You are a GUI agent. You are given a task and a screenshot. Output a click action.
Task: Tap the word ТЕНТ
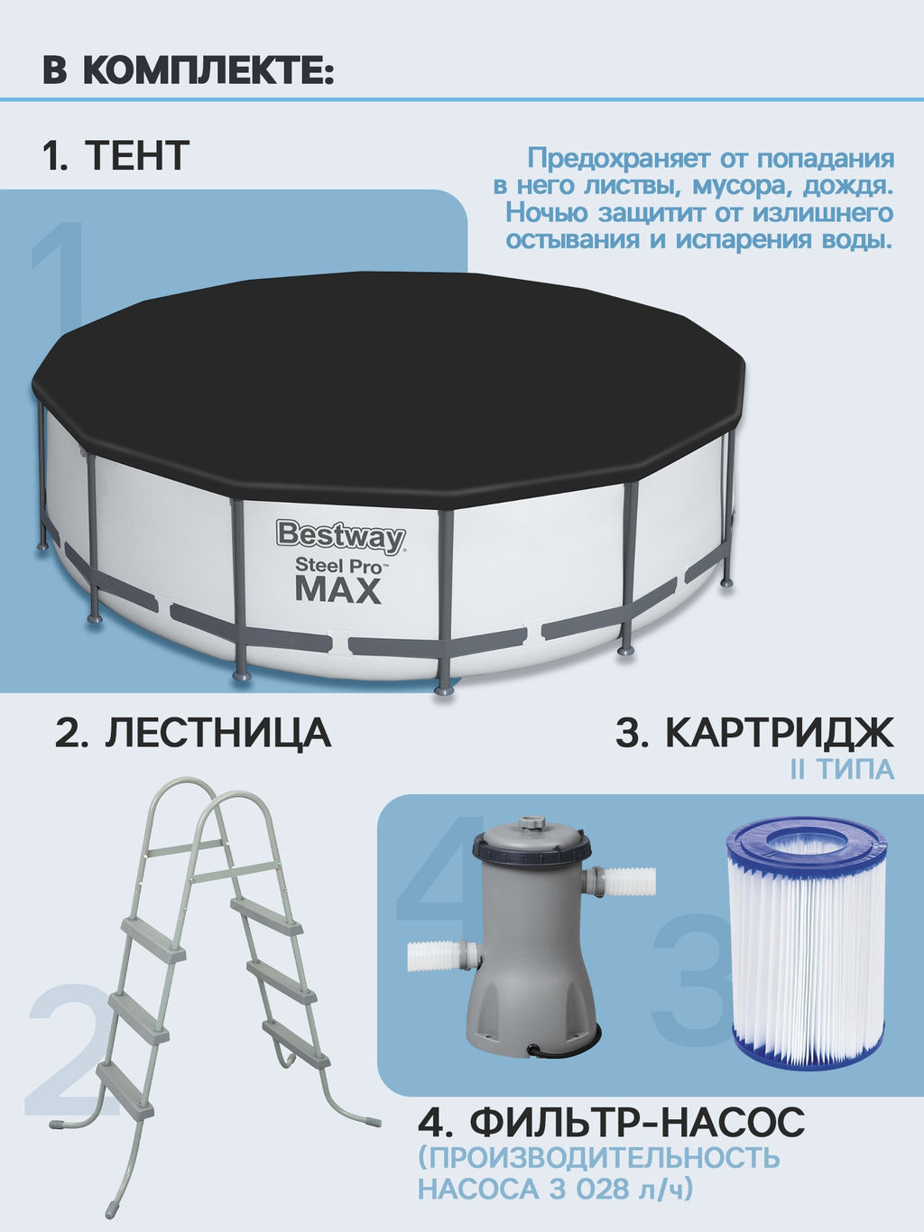(137, 156)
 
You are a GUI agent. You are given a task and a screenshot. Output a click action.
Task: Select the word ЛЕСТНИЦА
(217, 733)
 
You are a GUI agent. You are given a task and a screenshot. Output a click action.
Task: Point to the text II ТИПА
(841, 770)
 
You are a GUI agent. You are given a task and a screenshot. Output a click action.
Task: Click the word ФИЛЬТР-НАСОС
(637, 1124)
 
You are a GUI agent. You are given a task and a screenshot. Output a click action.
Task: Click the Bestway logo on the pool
(340, 536)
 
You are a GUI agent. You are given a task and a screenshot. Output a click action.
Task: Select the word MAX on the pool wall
(338, 590)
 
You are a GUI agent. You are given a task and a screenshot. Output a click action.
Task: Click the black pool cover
(388, 379)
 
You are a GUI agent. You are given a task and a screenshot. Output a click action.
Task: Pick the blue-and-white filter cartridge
(806, 939)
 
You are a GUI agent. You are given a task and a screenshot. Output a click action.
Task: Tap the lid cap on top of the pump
(531, 825)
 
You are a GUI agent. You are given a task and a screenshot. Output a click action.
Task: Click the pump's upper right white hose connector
(627, 882)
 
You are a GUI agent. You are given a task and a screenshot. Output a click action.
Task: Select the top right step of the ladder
(266, 915)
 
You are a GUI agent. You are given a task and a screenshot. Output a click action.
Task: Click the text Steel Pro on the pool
(338, 566)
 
